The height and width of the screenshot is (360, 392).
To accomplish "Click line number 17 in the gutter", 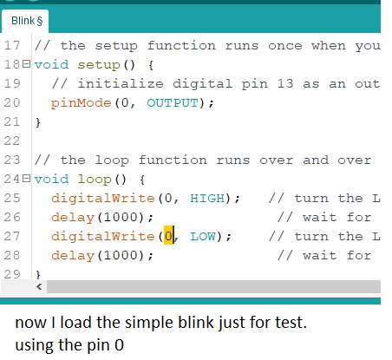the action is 12,45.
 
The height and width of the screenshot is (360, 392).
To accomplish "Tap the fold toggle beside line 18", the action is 26,64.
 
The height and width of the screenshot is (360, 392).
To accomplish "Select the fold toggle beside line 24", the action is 26,179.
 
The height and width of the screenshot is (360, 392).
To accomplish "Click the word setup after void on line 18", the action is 99,65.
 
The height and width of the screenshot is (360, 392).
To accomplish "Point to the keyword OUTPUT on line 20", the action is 173,103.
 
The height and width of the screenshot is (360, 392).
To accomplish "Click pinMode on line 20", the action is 82,103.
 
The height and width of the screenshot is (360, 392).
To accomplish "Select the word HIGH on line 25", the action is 207,199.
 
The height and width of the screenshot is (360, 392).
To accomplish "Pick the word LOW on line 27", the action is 203,237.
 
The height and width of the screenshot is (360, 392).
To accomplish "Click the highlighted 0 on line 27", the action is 168,237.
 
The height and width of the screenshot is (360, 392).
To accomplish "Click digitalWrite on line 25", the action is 103,199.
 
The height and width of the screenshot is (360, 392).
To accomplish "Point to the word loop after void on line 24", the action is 95,180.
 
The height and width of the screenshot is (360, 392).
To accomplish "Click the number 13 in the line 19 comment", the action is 285,84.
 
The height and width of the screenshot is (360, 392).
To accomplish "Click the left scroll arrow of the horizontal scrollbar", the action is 39,287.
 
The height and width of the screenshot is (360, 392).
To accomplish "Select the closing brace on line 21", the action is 38,122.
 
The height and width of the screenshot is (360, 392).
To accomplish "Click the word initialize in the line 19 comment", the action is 121,84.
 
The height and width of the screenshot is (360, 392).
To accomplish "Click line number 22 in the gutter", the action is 12,141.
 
